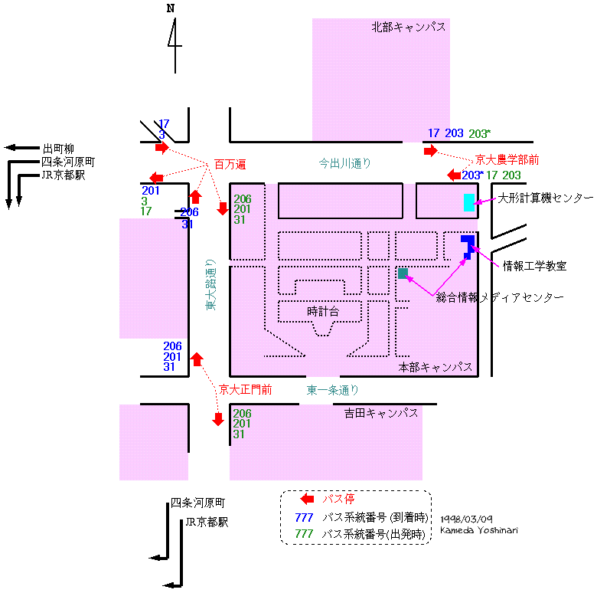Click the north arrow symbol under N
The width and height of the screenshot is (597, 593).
[175, 41]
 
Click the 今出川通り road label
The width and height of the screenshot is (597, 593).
[344, 163]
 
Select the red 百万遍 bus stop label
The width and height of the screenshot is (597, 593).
[230, 165]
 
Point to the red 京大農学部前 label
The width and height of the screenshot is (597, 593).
[507, 160]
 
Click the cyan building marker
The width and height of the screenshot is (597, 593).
[468, 202]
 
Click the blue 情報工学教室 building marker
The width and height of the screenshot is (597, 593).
[468, 246]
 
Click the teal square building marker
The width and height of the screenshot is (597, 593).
[403, 273]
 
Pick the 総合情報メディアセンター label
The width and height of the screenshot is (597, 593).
[499, 297]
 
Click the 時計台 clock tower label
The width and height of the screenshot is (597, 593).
[322, 312]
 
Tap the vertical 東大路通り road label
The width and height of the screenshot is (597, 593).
[210, 283]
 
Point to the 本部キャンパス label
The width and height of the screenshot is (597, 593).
[435, 368]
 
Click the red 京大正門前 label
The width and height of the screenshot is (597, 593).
[245, 390]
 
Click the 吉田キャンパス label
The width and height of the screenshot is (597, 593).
[380, 413]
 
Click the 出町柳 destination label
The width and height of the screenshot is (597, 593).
[58, 148]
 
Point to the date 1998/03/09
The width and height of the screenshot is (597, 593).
[466, 519]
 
